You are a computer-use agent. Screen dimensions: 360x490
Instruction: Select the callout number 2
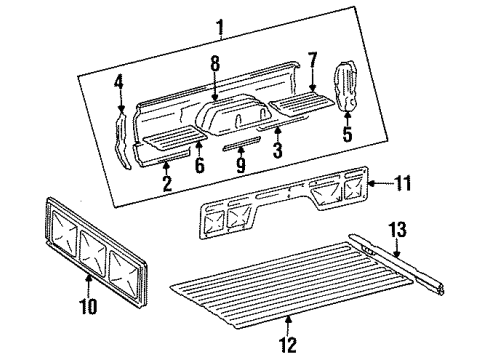tap(166, 183)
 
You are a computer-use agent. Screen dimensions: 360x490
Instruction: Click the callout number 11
tap(403, 183)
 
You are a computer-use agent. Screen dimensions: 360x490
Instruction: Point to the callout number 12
tap(289, 346)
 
